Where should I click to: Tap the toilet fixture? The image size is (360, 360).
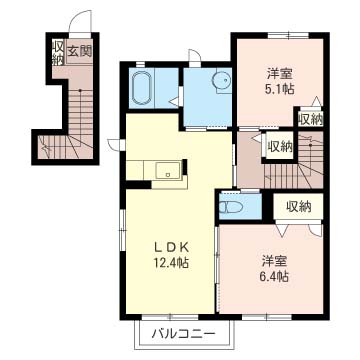click(x=230, y=207)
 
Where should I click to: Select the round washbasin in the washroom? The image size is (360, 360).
click(x=221, y=80)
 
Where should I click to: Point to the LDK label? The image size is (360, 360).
click(x=171, y=247)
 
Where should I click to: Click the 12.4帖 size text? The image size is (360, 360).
click(x=171, y=263)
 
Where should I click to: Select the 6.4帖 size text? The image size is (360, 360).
click(x=273, y=276)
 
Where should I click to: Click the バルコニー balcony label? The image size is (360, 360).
click(x=184, y=333)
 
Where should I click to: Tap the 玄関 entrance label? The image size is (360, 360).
click(x=80, y=51)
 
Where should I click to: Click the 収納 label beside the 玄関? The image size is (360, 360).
click(x=58, y=52)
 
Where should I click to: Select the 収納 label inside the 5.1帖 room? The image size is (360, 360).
click(x=311, y=119)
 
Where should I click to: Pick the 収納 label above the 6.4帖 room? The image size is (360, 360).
click(x=299, y=207)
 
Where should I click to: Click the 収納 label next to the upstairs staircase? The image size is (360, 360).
click(x=280, y=146)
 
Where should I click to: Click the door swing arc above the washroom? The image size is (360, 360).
click(x=194, y=55)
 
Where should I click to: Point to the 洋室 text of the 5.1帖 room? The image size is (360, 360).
click(x=277, y=73)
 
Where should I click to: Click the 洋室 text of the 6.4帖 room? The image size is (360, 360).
click(x=273, y=260)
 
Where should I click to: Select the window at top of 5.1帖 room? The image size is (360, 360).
click(x=288, y=35)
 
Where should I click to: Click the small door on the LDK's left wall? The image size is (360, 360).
click(x=116, y=145)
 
